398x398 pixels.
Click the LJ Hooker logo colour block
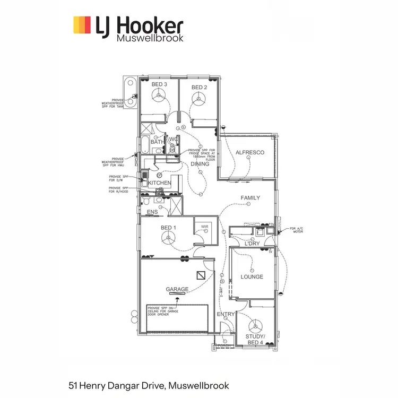pyautogui.click(x=82, y=24)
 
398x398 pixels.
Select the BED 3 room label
pyautogui.click(x=159, y=85)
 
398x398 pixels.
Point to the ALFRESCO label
pyautogui.click(x=250, y=153)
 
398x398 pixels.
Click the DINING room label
pyautogui.click(x=200, y=164)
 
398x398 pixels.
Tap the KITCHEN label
pyautogui.click(x=160, y=183)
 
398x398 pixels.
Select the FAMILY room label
pyautogui.click(x=250, y=198)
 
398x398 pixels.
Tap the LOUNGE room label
pyautogui.click(x=252, y=276)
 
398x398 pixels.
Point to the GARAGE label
pyautogui.click(x=177, y=289)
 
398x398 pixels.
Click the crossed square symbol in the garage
pyautogui.click(x=201, y=274)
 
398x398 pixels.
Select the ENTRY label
pyautogui.click(x=226, y=314)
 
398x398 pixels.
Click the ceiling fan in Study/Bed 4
pyautogui.click(x=255, y=326)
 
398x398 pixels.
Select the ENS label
pyautogui.click(x=152, y=212)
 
